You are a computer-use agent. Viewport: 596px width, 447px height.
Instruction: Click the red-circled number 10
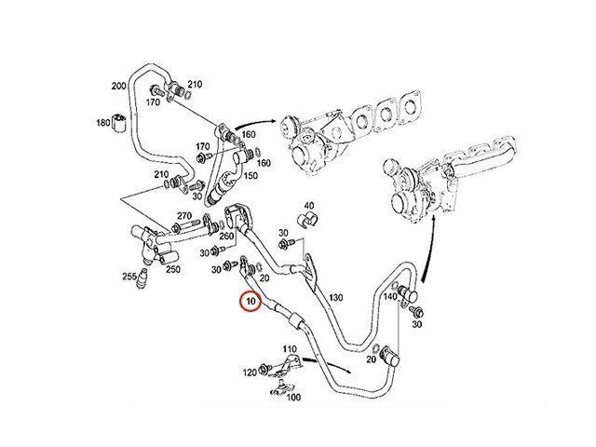[249, 302]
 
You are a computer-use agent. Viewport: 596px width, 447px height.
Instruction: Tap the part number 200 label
[118, 86]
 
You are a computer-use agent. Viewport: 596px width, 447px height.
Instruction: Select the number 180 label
[102, 122]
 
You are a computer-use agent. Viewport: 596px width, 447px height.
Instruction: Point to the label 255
[129, 276]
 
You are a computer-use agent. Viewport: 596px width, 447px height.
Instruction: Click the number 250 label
[173, 270]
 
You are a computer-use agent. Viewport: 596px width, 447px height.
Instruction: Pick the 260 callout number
[226, 237]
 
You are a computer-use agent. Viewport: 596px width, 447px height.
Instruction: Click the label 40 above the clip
[310, 206]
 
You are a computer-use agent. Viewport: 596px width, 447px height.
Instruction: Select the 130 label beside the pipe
[336, 297]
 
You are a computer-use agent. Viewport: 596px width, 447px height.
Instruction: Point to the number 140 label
[389, 297]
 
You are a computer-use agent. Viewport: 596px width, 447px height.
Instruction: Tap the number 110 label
[290, 349]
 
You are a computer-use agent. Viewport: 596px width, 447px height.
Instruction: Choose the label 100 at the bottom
[293, 398]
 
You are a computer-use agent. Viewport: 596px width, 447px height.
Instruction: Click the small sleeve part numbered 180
[118, 120]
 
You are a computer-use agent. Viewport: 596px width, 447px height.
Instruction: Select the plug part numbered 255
[142, 279]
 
